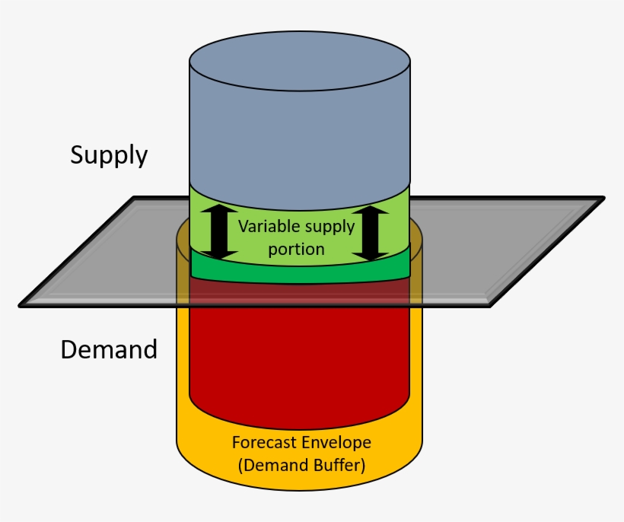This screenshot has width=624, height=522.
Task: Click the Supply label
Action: pyautogui.click(x=109, y=155)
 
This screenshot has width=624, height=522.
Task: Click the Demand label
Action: pyautogui.click(x=109, y=350)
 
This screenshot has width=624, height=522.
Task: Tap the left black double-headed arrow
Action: pyautogui.click(x=218, y=231)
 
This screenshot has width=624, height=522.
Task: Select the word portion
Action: pyautogui.click(x=296, y=249)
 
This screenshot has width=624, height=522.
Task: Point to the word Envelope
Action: pyautogui.click(x=332, y=442)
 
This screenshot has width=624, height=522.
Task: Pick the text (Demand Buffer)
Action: pyautogui.click(x=301, y=465)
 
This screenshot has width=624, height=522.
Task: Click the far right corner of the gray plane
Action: pyautogui.click(x=603, y=199)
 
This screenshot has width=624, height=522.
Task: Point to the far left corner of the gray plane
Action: pyautogui.click(x=21, y=305)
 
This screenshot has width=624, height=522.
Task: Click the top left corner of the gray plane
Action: pyautogui.click(x=135, y=199)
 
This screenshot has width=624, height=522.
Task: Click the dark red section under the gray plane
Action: pyautogui.click(x=301, y=293)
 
